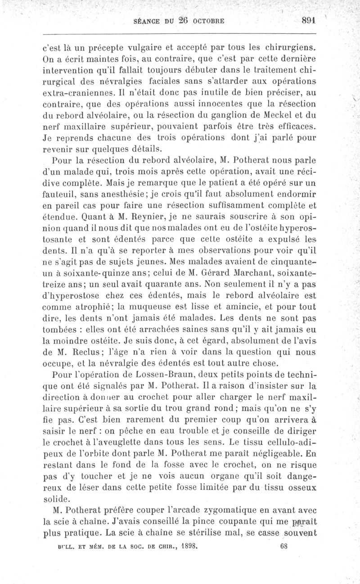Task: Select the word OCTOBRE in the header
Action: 211,22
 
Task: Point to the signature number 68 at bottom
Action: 283,546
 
